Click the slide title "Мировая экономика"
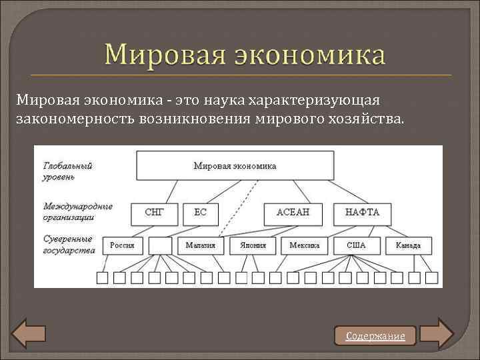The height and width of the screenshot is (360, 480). (x=244, y=55)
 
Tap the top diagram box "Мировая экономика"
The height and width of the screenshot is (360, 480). (x=235, y=165)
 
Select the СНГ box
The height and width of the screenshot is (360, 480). (x=154, y=213)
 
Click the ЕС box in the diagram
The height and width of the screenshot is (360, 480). (x=201, y=213)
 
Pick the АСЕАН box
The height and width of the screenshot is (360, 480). (x=291, y=213)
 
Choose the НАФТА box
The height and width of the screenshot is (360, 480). (x=362, y=213)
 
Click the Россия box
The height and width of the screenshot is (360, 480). (x=122, y=245)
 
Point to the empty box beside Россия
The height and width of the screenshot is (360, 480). (x=161, y=245)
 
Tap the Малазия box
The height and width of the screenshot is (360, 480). (x=201, y=245)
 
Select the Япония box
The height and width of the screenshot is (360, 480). (x=248, y=245)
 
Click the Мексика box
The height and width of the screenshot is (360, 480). (x=305, y=245)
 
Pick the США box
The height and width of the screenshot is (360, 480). (x=356, y=245)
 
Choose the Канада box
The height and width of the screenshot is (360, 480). (x=408, y=245)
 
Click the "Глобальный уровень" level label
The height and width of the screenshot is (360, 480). (x=68, y=171)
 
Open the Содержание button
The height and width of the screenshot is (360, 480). (x=375, y=336)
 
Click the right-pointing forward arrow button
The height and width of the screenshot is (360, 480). (x=437, y=333)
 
